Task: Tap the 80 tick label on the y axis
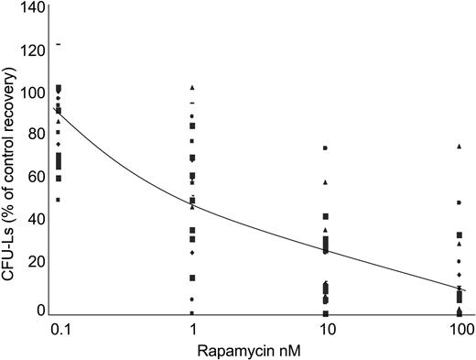[37, 134]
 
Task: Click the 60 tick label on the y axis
[37, 177]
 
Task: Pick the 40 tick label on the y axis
[37, 219]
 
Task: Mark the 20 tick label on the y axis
[37, 262]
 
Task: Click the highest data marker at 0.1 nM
[59, 44]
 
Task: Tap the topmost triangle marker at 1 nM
[192, 87]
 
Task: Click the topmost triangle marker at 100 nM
[459, 147]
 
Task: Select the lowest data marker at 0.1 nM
[59, 200]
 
